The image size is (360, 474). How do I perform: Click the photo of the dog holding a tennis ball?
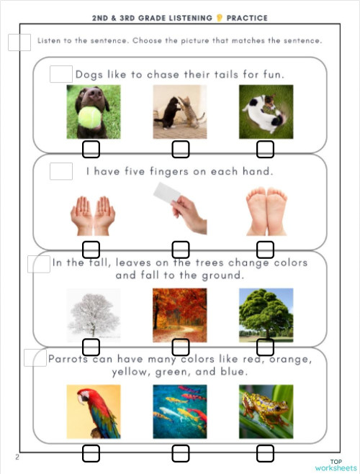coord(94,111)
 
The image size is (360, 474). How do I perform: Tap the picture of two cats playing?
coord(180,111)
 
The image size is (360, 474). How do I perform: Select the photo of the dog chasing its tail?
coord(266,111)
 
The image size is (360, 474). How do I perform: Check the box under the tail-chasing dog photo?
coord(266,150)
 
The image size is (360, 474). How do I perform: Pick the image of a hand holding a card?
coord(180,208)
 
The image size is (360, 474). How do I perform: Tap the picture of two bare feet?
coord(266,211)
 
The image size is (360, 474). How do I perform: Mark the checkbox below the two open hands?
coord(91,250)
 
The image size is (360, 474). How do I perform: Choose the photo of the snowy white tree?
coord(94,314)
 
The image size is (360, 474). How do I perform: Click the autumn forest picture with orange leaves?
coord(180,314)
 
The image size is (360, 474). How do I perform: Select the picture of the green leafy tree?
coord(266,314)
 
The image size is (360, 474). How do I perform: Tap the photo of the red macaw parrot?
coord(94,411)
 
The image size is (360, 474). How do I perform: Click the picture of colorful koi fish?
coord(180,411)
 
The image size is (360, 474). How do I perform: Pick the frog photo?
coord(266,411)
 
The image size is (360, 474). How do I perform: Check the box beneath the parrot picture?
coord(91,453)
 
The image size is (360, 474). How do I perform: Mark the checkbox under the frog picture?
coord(266,453)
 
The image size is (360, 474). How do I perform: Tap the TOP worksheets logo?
coord(336,465)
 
